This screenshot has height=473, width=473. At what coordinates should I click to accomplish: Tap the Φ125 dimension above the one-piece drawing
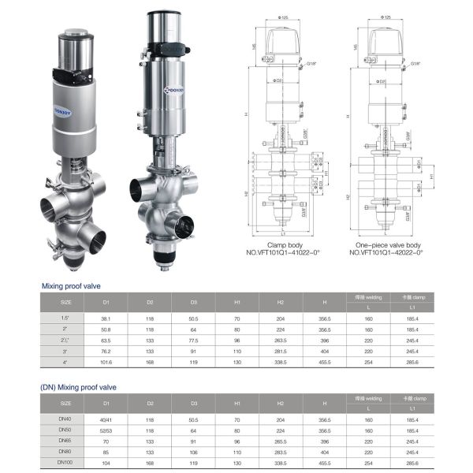(386, 17)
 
